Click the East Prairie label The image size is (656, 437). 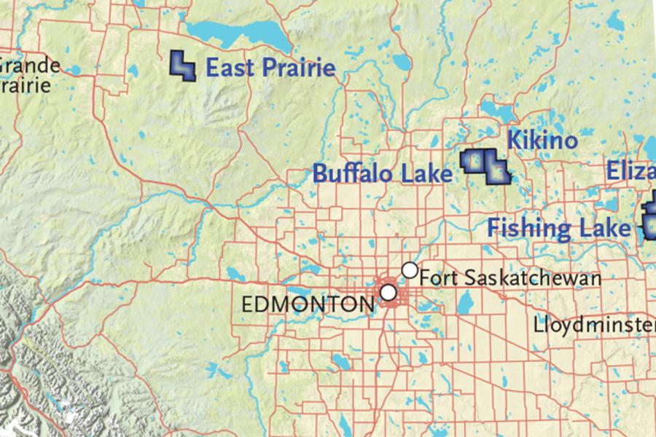coord(270,68)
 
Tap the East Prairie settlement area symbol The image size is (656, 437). coord(182,65)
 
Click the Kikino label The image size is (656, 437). coord(542,140)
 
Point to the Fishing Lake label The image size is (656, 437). coord(559,228)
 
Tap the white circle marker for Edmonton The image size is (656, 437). coord(389,292)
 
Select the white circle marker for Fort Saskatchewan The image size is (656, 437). coord(410,270)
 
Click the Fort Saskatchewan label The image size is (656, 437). coord(510,278)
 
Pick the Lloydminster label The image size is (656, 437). coord(594,323)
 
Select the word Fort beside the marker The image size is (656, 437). coord(436,278)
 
